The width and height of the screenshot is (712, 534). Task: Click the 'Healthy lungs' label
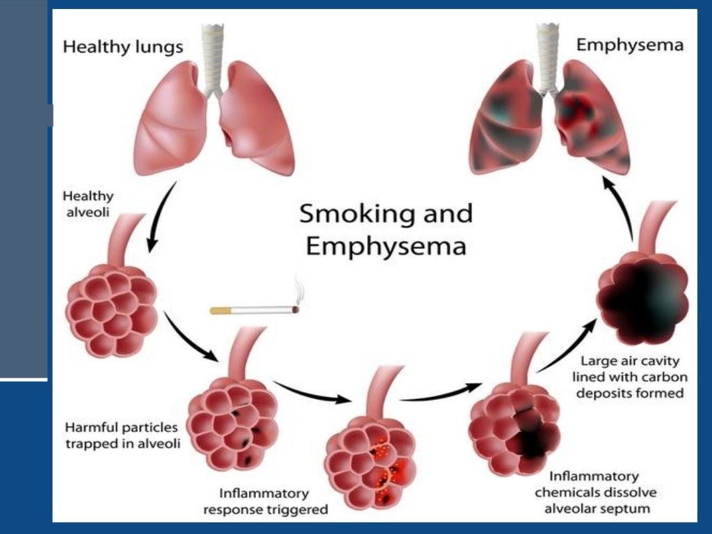pos(123,47)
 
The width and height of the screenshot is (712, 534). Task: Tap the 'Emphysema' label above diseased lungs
pos(630,46)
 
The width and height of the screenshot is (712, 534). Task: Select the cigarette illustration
pos(254,310)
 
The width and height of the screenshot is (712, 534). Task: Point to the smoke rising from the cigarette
pos(298,288)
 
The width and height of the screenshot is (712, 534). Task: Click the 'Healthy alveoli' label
pos(88,203)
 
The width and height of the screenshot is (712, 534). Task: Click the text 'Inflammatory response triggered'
pos(264,501)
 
